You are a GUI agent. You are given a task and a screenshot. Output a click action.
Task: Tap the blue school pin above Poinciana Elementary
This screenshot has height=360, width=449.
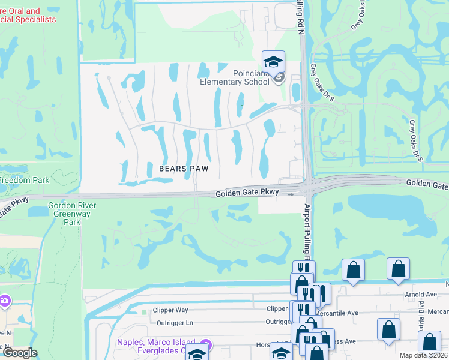click(273, 62)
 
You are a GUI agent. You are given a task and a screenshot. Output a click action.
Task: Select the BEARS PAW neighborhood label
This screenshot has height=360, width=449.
click(184, 169)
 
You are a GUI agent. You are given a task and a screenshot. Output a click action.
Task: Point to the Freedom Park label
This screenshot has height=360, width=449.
click(24, 180)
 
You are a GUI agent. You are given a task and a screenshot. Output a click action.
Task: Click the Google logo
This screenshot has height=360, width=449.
click(20, 353)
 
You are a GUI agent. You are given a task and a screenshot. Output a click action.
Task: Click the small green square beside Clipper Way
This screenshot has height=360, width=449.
click(143, 312)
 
